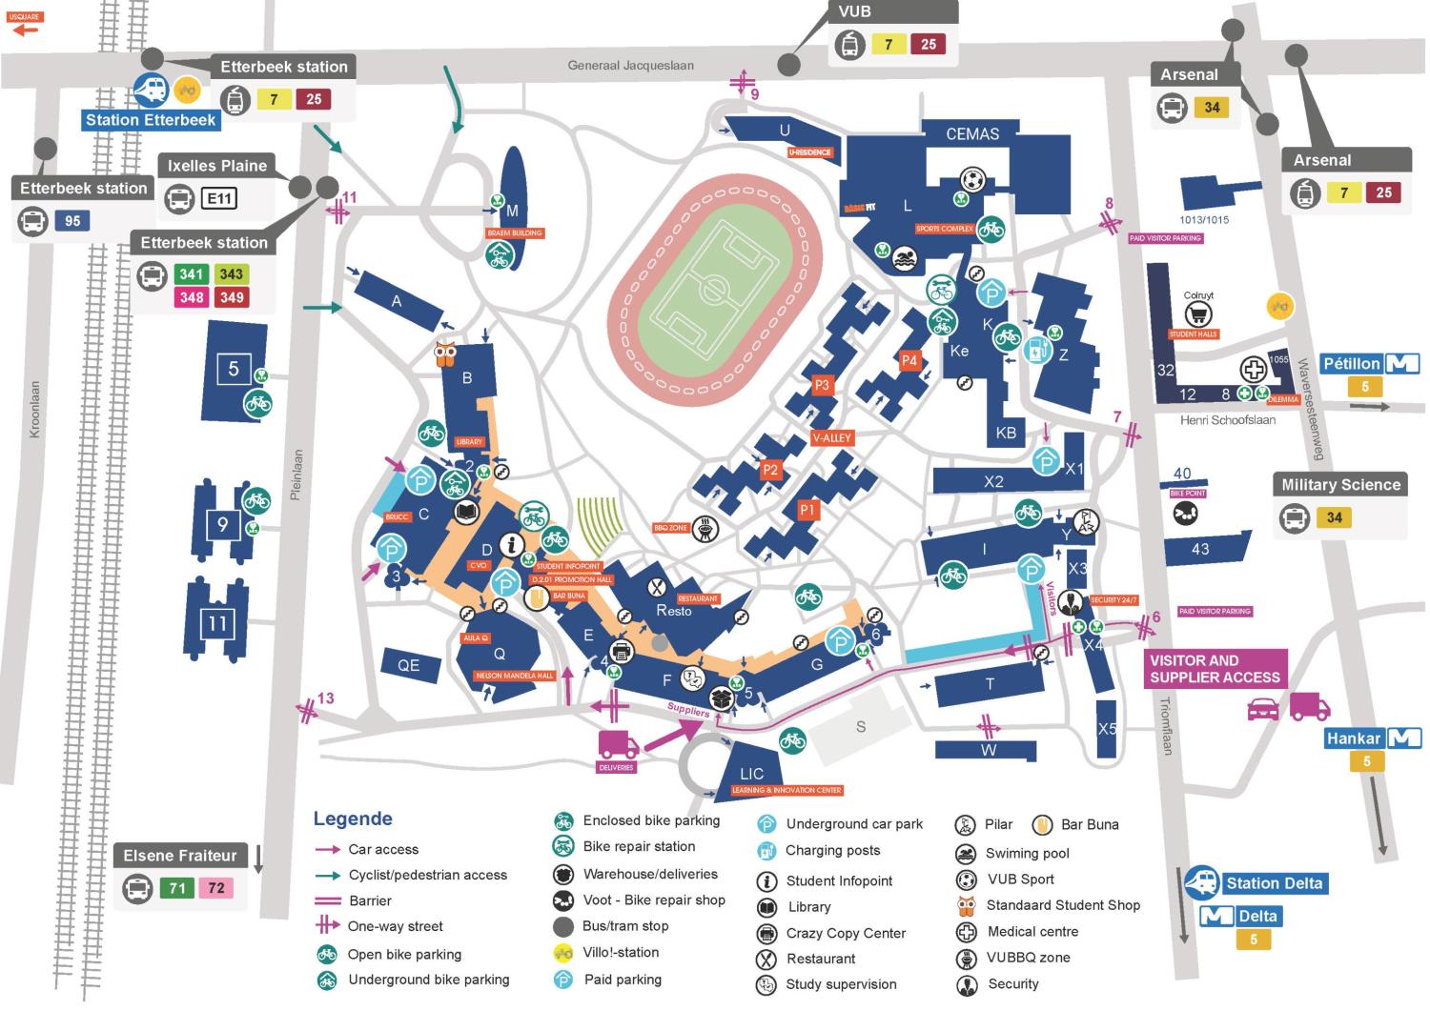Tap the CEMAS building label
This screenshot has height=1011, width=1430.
point(971,134)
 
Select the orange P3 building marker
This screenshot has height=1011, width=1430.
point(822,385)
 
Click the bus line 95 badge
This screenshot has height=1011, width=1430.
point(72,221)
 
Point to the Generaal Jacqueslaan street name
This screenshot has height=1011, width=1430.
point(630,66)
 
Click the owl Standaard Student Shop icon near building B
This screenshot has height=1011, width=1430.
point(445,354)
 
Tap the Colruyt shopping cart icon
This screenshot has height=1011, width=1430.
point(1197,315)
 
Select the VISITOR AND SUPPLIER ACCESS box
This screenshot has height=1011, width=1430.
point(1215,669)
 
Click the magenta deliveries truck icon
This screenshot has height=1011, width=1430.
point(618,744)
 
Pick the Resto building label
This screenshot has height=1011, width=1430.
point(673,610)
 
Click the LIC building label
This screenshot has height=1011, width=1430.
point(751,774)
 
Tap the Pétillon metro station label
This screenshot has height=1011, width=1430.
point(1352,364)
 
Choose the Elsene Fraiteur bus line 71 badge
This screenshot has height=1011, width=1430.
point(177,888)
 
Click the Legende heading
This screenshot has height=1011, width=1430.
point(353,819)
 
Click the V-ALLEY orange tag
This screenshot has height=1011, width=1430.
point(831,438)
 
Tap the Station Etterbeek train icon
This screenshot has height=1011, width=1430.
point(151,90)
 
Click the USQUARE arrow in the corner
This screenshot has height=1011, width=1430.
point(24,30)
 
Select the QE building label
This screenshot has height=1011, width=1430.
point(408,665)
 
